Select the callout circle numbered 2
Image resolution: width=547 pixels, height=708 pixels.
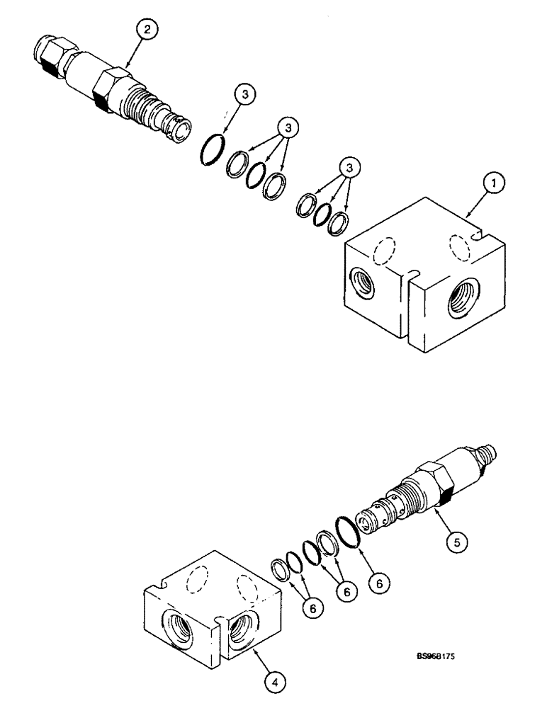click(147, 30)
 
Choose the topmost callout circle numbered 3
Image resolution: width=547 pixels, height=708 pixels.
click(245, 94)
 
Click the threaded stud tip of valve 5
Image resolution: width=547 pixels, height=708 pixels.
click(487, 452)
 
